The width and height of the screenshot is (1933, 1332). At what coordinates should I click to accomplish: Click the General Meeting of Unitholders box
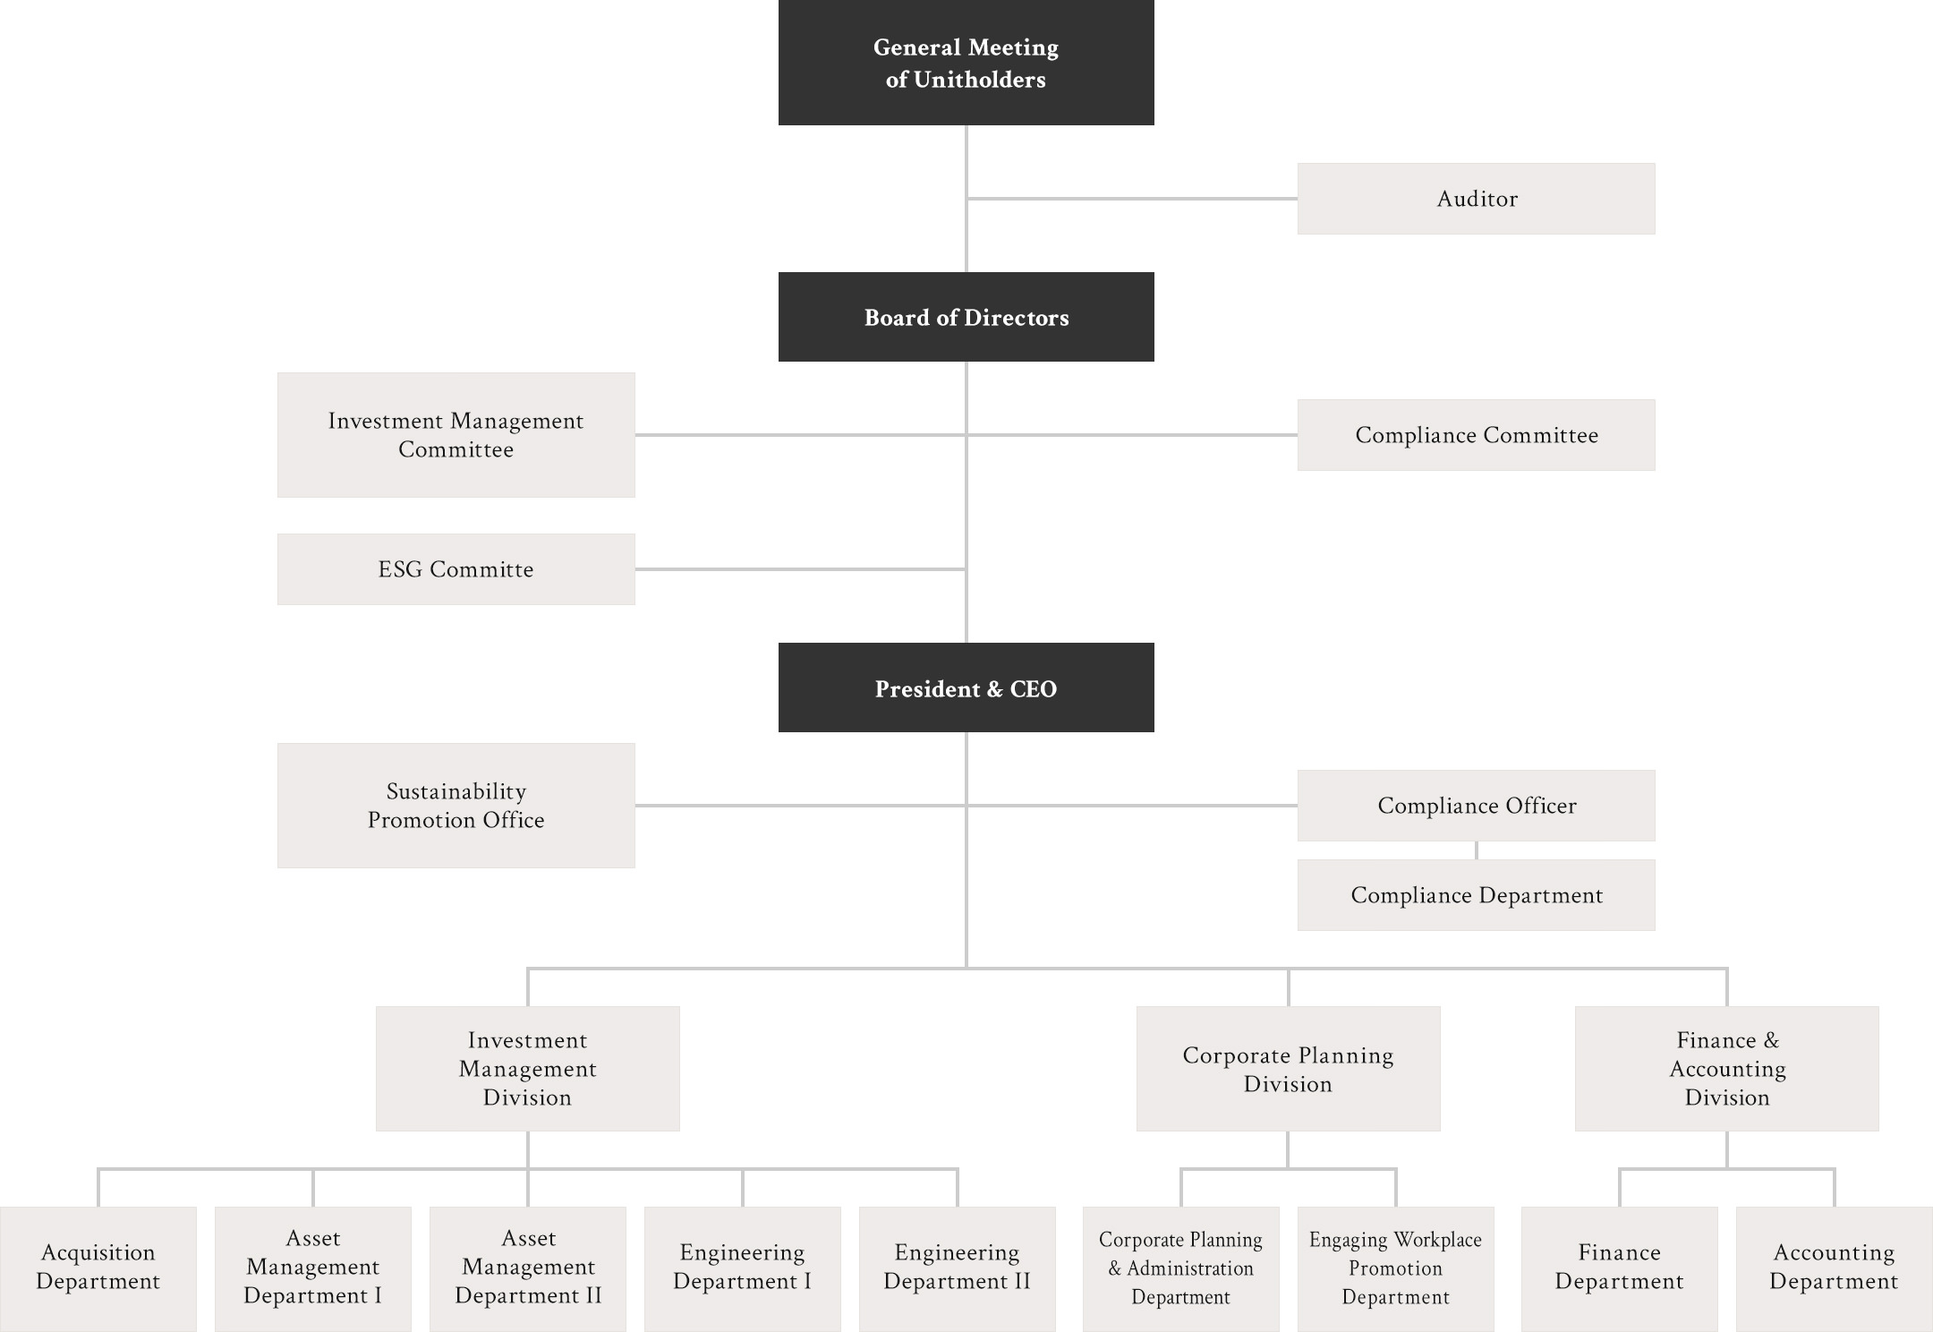[966, 63]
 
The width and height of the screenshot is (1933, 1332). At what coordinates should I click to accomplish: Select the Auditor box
[1476, 199]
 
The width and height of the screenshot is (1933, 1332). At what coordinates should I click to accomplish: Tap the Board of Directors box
[966, 317]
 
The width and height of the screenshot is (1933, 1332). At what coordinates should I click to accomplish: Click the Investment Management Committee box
[456, 435]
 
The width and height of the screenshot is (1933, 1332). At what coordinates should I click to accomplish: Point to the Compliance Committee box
[1476, 435]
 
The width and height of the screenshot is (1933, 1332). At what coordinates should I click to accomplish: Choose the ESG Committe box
[456, 569]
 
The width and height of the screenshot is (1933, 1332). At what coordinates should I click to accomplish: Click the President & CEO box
[966, 687]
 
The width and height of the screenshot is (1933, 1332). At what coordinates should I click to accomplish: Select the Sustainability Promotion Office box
[456, 806]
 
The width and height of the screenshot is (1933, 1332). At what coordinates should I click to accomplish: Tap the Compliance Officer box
[1476, 806]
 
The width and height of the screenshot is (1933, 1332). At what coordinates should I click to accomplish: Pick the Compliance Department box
[1476, 895]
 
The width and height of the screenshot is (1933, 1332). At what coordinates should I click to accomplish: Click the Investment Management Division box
[527, 1069]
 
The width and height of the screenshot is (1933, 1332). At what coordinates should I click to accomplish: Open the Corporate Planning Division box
[1288, 1069]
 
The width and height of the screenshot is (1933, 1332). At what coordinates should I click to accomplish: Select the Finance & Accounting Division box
[1726, 1069]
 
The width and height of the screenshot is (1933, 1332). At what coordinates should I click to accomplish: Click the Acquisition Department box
[98, 1268]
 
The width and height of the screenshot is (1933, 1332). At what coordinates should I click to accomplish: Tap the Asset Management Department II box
[527, 1268]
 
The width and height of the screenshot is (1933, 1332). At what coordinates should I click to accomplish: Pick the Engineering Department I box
[742, 1268]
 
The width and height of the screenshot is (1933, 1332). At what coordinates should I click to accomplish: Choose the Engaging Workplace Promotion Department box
[1395, 1268]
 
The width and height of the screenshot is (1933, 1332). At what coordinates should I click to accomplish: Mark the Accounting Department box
[1834, 1268]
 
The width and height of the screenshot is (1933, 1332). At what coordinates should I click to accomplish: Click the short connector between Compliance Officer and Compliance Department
[1476, 850]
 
